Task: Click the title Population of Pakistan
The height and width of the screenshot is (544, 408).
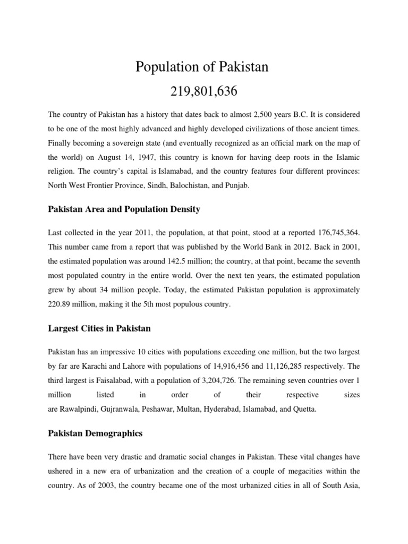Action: (x=202, y=67)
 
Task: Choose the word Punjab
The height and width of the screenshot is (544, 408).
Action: (x=249, y=185)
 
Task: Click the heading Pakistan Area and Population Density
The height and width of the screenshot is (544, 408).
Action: (x=124, y=209)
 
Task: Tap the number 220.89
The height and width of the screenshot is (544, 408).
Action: (x=59, y=305)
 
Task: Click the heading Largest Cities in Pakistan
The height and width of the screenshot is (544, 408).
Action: (x=99, y=329)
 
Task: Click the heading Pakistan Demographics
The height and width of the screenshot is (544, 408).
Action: (x=95, y=433)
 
